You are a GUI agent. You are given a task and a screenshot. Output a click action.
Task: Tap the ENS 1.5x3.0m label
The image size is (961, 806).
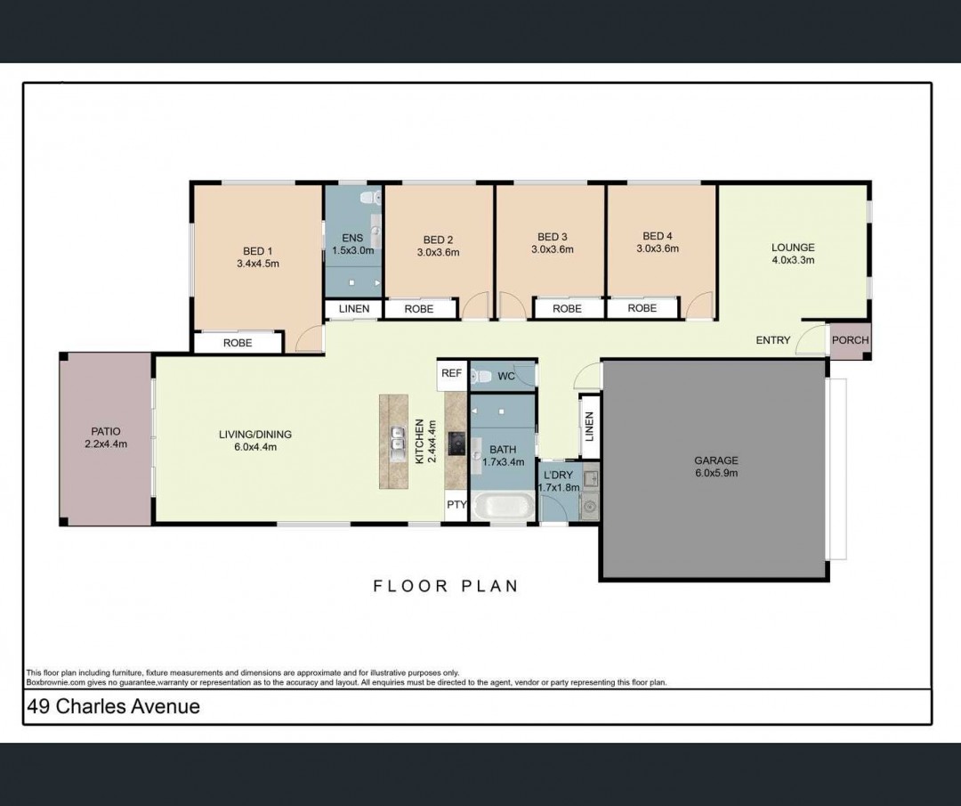tap(352, 244)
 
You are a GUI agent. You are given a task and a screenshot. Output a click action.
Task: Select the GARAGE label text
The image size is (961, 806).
tap(715, 460)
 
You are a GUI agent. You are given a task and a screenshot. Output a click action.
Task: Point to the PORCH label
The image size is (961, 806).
tap(850, 340)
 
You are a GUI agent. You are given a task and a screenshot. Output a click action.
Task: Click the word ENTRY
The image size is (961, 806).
tap(773, 340)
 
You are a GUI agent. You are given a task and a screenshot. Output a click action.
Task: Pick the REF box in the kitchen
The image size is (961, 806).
tap(452, 373)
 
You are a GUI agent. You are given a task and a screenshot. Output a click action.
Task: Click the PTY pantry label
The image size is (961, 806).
tap(456, 505)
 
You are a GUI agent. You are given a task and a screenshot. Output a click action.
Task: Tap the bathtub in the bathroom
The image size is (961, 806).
tap(503, 507)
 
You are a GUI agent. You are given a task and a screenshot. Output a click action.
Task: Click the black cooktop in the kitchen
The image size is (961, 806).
tap(456, 443)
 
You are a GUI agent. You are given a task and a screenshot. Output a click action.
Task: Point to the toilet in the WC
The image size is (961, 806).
tap(481, 376)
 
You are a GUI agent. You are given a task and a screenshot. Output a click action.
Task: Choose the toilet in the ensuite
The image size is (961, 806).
tap(370, 198)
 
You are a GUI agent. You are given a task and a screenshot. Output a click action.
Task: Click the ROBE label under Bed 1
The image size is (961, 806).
tap(238, 343)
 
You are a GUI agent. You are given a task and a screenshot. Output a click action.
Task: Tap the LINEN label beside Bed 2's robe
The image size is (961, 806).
tap(354, 308)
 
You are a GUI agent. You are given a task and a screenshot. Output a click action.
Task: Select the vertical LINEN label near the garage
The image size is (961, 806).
tap(590, 427)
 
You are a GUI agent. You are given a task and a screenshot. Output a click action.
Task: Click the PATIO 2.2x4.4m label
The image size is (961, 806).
tap(106, 437)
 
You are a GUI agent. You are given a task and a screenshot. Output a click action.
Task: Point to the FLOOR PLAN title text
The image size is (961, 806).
tap(446, 586)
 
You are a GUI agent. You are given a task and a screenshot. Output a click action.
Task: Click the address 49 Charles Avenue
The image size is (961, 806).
tap(113, 706)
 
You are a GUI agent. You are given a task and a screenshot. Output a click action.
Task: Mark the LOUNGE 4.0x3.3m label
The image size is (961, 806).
tap(793, 253)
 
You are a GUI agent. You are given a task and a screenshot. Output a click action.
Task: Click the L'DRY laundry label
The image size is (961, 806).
tap(558, 475)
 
